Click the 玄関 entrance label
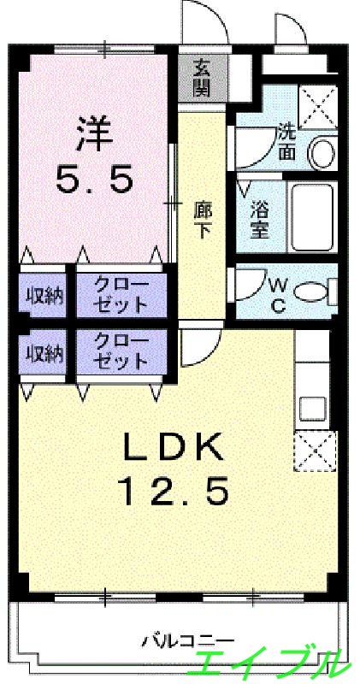pyautogui.click(x=201, y=77)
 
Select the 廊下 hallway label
pyautogui.click(x=202, y=218)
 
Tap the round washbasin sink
pyautogui.click(x=322, y=153)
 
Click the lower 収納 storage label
pyautogui.click(x=43, y=353)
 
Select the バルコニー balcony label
pyautogui.click(x=182, y=639)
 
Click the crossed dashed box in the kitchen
pyautogui.click(x=311, y=450)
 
